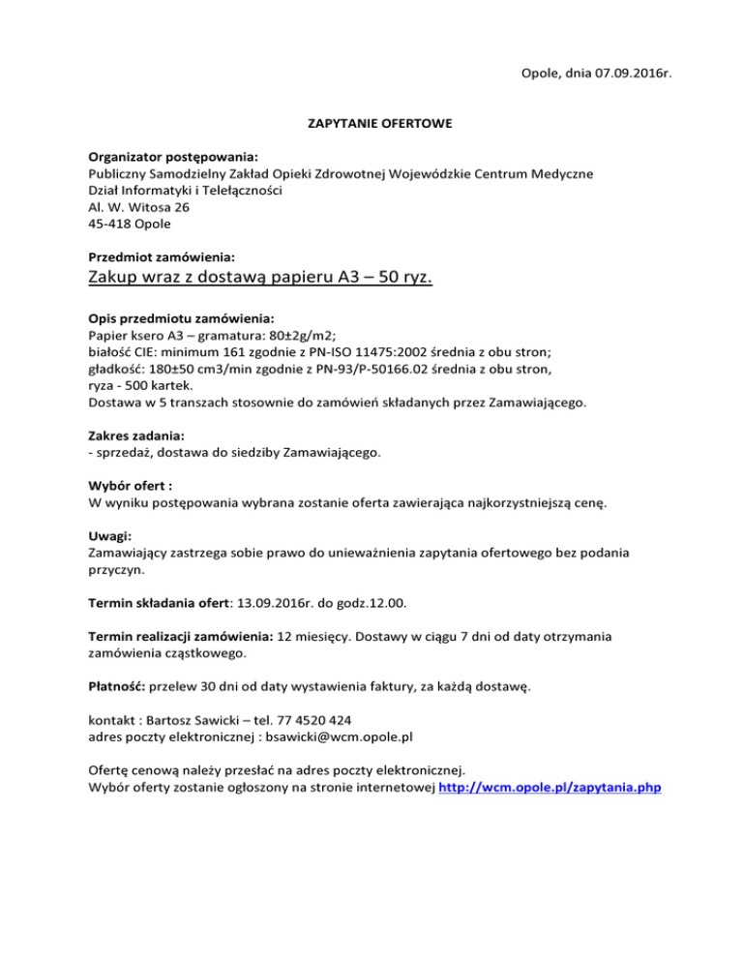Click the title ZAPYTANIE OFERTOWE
click(x=371, y=124)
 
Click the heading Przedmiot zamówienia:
click(x=162, y=257)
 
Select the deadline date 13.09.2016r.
click(x=282, y=603)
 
